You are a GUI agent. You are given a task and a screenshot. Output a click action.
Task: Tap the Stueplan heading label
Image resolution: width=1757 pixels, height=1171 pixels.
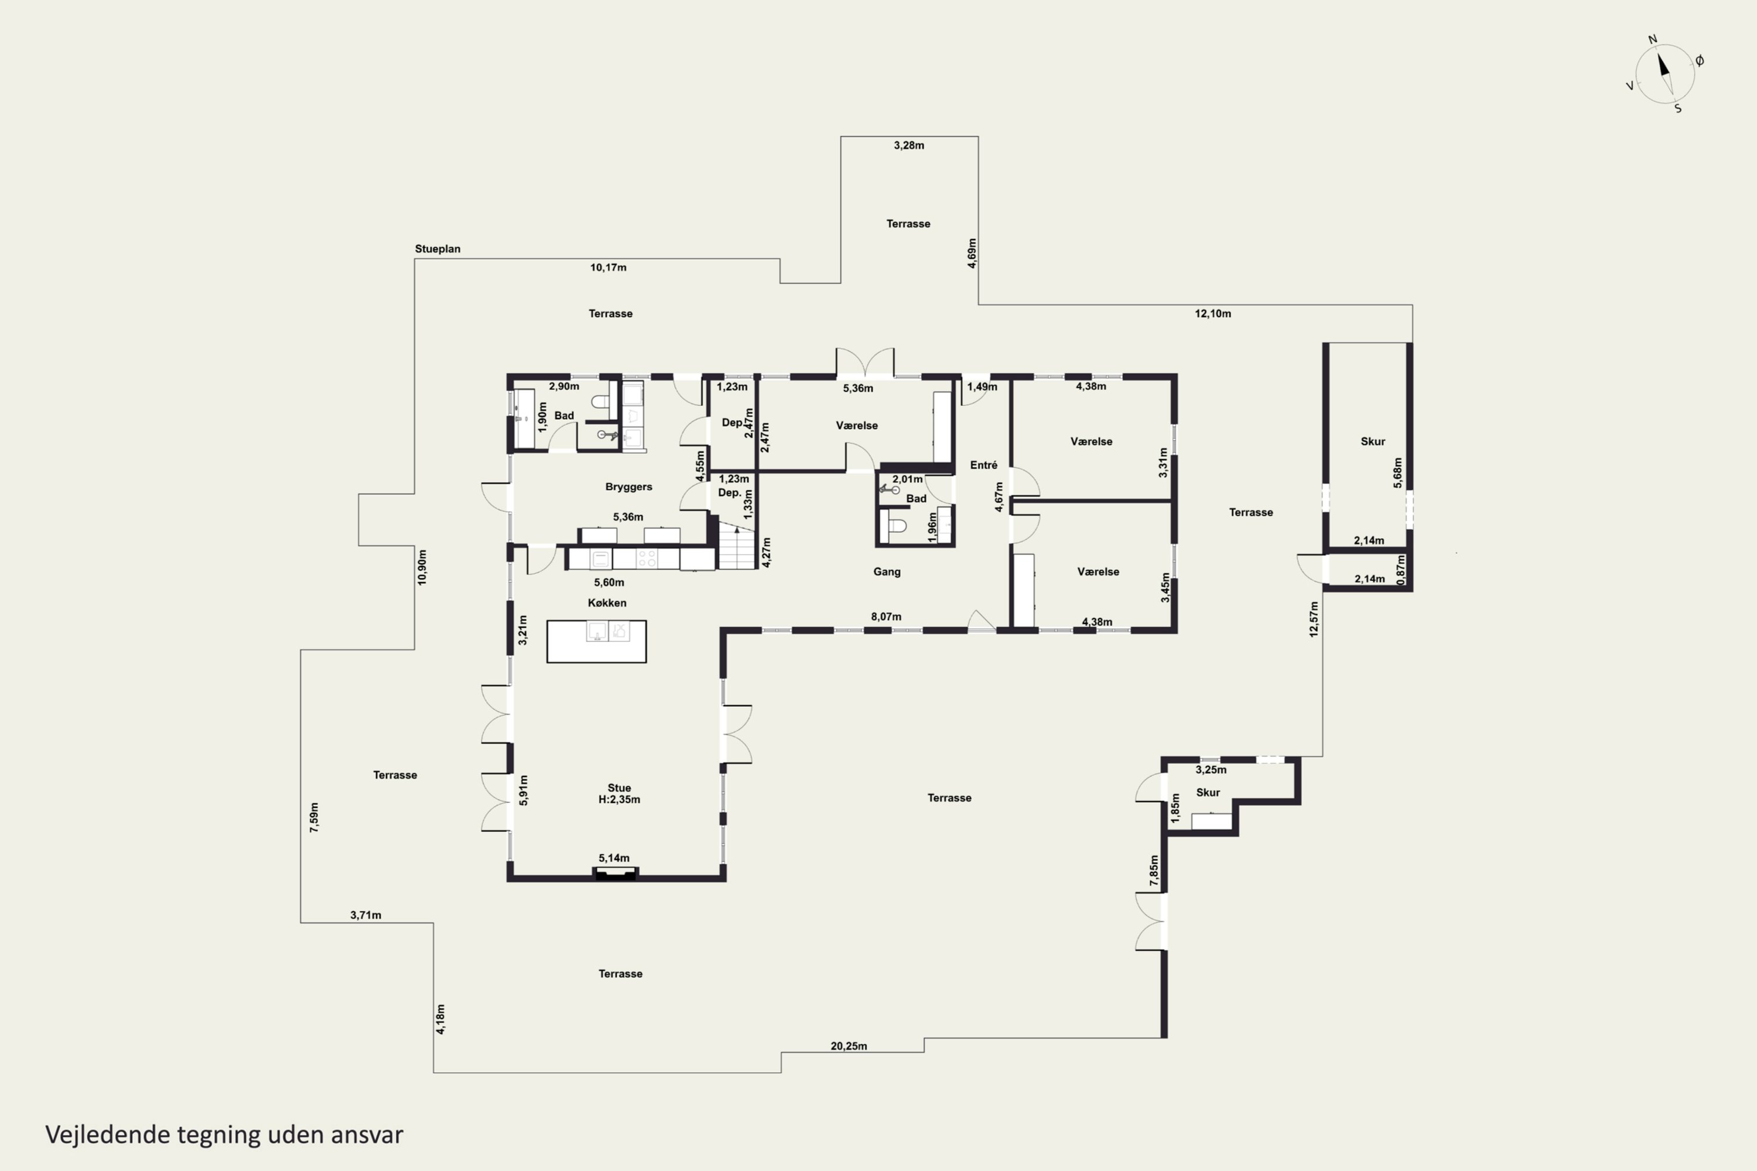(437, 249)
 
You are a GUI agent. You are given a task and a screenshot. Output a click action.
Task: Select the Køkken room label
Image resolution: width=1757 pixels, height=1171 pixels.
(607, 602)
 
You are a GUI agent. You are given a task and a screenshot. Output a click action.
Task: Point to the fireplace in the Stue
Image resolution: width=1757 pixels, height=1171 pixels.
(615, 873)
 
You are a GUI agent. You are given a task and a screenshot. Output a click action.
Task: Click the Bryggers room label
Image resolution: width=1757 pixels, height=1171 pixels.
(628, 487)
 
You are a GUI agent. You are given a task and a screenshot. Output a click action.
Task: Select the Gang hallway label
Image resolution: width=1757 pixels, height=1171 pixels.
(887, 571)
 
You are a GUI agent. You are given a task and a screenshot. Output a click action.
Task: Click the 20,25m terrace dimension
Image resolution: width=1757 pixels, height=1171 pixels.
(849, 1046)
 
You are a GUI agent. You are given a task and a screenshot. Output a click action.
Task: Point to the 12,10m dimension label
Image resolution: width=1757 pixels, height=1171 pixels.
(1212, 314)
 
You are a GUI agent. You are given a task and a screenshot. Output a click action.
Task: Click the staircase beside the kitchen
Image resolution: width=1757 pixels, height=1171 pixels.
(737, 546)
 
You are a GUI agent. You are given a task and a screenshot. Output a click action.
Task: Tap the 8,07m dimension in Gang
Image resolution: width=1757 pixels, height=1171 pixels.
(886, 617)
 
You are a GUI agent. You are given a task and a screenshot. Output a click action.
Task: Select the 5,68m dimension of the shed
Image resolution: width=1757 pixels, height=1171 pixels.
(1397, 472)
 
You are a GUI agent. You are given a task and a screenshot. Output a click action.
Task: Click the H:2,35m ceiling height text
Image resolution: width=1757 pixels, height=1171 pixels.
(619, 799)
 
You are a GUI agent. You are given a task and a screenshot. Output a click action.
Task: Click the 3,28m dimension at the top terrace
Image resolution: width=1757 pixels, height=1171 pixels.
(908, 146)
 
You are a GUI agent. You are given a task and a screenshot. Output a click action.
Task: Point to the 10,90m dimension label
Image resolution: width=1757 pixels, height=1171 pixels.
(422, 567)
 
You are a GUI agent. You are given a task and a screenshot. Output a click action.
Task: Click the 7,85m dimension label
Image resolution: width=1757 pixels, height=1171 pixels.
(1154, 871)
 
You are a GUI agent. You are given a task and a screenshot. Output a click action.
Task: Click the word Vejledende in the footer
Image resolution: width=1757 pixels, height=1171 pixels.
(108, 1135)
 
